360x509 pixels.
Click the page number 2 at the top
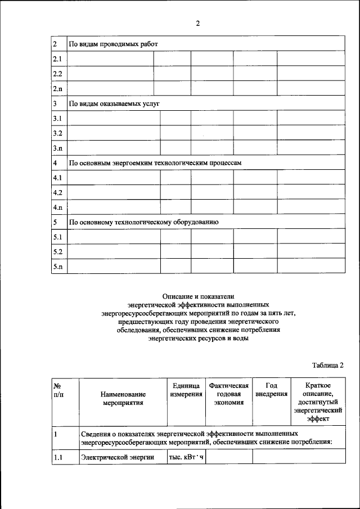(197, 24)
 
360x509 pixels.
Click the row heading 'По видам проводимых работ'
(113, 44)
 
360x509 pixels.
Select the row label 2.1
(57, 59)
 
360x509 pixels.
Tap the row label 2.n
(57, 89)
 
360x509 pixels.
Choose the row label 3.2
(57, 133)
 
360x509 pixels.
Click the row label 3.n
(57, 148)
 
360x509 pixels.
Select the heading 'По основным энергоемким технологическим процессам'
(155, 163)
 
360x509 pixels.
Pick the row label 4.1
(57, 178)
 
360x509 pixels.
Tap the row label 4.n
(57, 208)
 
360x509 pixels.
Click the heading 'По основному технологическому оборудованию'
(143, 223)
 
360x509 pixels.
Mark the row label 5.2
(57, 252)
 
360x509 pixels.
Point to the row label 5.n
(57, 267)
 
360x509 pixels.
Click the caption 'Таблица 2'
(327, 365)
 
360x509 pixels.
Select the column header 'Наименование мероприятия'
(123, 399)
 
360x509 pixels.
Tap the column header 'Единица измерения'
(186, 390)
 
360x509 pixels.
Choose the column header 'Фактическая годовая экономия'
(228, 394)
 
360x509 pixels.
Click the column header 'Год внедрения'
(271, 390)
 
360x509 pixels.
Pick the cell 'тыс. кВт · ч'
(186, 458)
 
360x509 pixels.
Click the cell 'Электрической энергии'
(117, 458)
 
